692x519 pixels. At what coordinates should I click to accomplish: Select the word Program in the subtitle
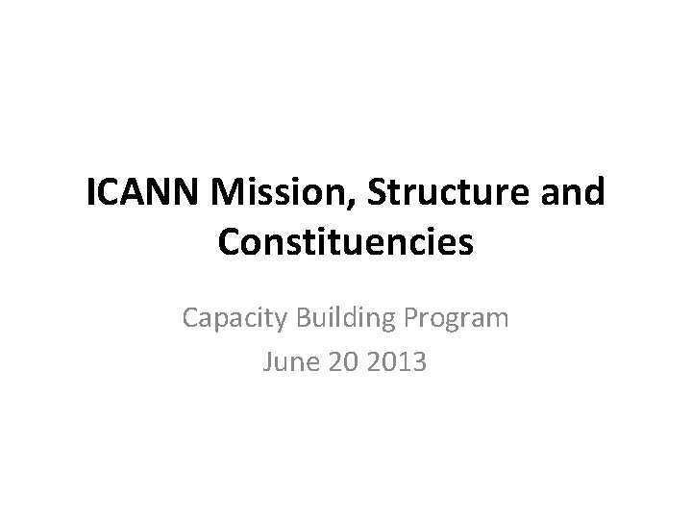[x=457, y=317]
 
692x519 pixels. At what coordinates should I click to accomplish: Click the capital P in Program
[x=414, y=317]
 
